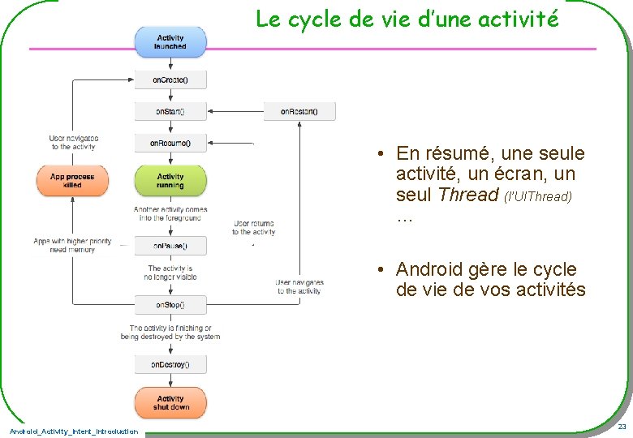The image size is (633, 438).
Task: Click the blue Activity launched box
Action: [x=170, y=42]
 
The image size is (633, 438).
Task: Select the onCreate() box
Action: [x=170, y=79]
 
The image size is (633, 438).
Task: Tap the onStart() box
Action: [x=170, y=111]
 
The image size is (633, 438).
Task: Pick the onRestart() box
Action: [x=299, y=111]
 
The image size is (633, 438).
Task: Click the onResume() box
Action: [x=170, y=143]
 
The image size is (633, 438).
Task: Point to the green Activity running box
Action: [x=170, y=181]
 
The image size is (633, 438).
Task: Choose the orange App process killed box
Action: [x=71, y=181]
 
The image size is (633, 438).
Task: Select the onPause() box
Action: [x=170, y=245]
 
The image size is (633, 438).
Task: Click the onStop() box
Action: [x=170, y=305]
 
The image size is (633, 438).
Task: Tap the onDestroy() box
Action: [x=170, y=365]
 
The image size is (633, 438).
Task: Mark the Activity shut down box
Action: [x=170, y=403]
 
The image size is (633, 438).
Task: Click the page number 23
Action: [x=622, y=427]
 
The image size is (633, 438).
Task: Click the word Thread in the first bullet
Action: [x=467, y=195]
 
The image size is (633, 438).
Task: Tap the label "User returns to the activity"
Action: [x=253, y=228]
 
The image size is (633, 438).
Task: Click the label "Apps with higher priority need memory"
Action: [x=72, y=246]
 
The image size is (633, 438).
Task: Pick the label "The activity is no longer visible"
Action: [x=170, y=273]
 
